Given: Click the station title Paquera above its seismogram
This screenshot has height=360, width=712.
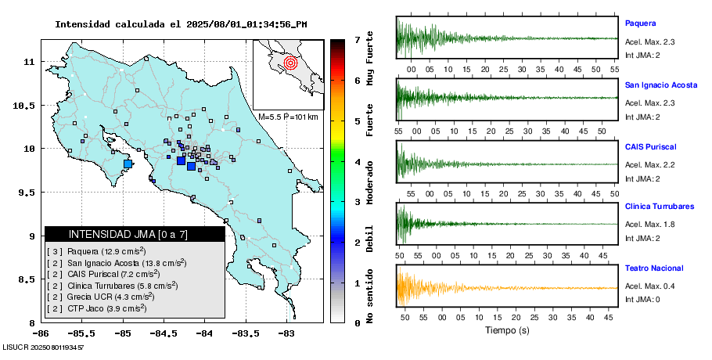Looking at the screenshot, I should point(640,23).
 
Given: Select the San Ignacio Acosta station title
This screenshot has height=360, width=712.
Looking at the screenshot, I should point(660,84).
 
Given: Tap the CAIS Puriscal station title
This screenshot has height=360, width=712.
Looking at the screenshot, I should point(650,146).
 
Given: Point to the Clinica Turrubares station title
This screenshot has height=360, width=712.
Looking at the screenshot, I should point(659,207).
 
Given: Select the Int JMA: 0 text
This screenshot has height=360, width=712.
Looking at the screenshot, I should point(642,300).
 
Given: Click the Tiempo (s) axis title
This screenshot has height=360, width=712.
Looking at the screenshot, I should point(508,330).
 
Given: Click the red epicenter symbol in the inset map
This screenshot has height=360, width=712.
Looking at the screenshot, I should point(290,62).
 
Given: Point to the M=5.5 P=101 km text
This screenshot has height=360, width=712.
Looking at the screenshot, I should point(288,117).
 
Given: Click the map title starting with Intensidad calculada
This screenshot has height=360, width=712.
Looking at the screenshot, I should point(181,24).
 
